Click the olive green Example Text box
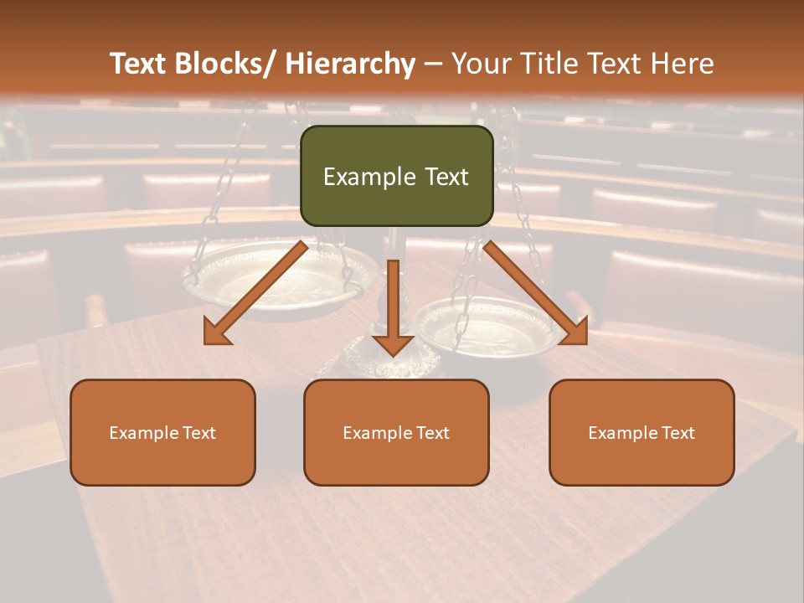click(396, 176)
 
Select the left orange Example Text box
click(162, 432)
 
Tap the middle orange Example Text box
click(396, 432)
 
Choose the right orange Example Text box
click(642, 432)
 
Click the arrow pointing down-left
click(256, 293)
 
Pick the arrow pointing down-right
click(536, 293)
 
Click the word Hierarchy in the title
click(350, 64)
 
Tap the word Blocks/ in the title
click(229, 64)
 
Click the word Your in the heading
click(482, 64)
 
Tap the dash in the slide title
click(433, 64)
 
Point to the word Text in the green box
click(446, 177)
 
